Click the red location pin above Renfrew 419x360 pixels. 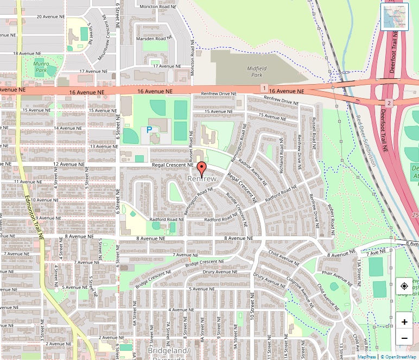[x=202, y=168]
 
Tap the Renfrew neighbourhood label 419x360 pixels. [x=202, y=179]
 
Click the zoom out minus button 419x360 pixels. [x=404, y=339]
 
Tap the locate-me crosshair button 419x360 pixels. [x=404, y=286]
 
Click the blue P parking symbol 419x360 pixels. [x=149, y=130]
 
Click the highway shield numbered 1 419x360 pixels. [x=263, y=88]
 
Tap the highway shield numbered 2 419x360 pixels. [x=389, y=103]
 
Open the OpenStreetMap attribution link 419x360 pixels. [x=399, y=357]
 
